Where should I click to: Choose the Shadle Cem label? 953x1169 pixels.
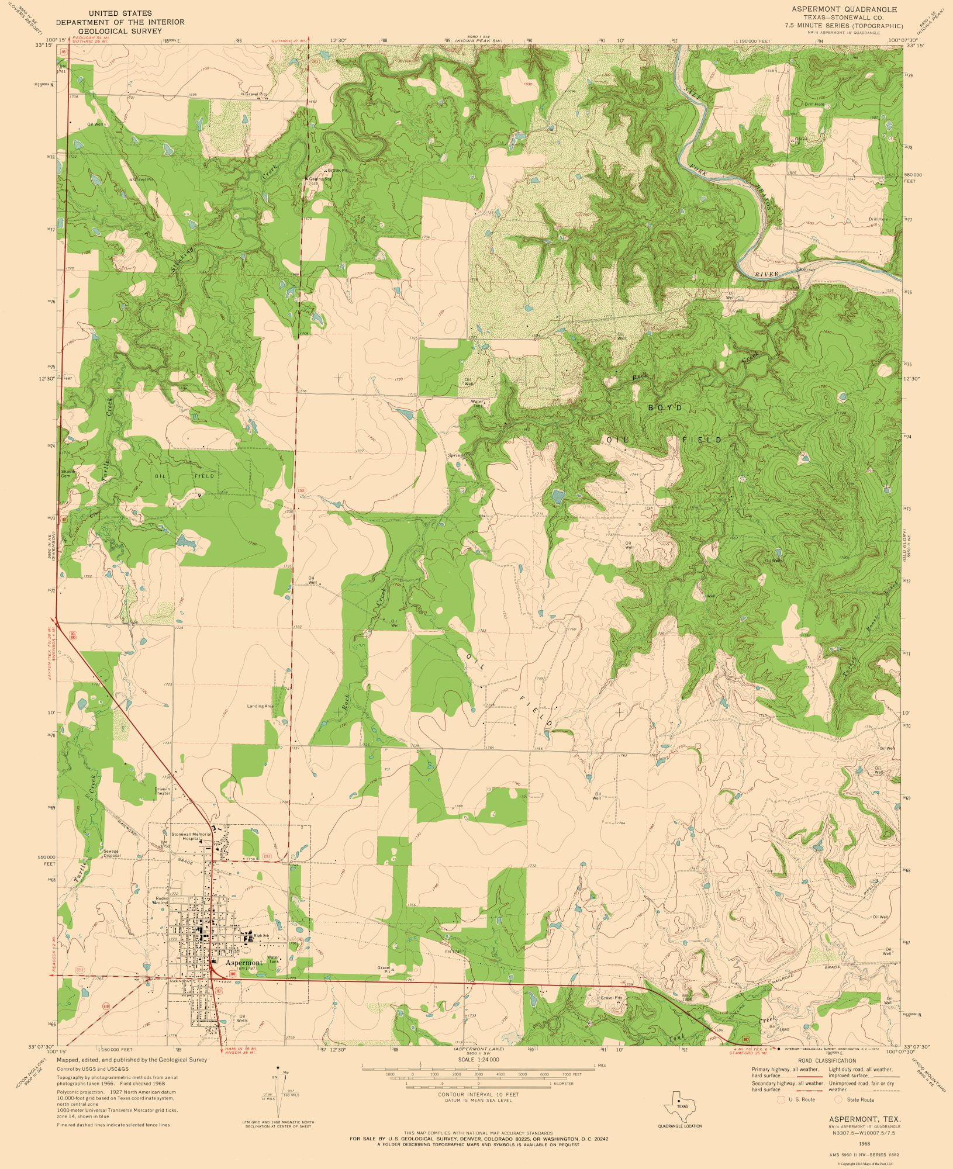tap(66, 473)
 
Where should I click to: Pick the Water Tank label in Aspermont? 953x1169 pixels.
tap(273, 959)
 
